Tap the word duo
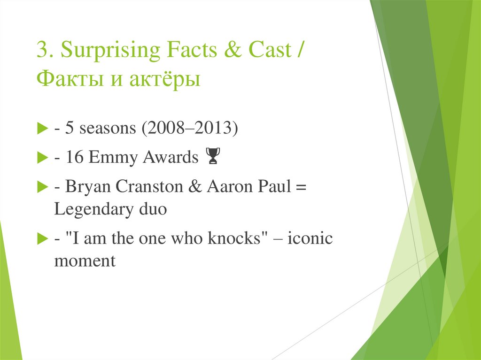click(x=153, y=209)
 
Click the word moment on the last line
click(x=85, y=260)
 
